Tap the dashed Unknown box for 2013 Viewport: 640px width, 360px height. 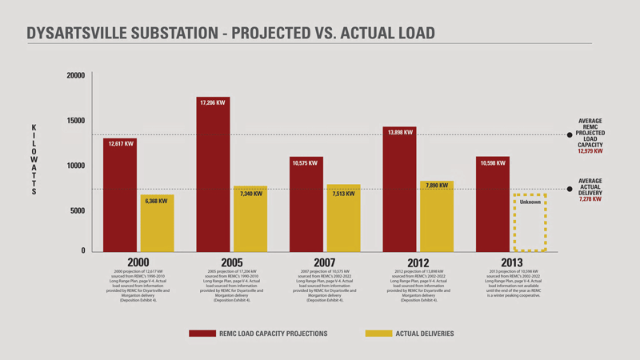click(530, 222)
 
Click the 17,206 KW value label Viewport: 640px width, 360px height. click(213, 103)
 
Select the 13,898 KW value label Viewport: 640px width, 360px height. click(399, 132)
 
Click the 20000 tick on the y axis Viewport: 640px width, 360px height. click(75, 75)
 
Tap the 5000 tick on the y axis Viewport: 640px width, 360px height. click(77, 211)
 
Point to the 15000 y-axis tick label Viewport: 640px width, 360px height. click(75, 121)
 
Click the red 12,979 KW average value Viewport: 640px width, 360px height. click(590, 150)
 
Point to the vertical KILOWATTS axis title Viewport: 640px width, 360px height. click(34, 159)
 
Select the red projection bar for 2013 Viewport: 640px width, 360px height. click(493, 204)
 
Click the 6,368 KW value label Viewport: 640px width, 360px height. click(157, 202)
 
